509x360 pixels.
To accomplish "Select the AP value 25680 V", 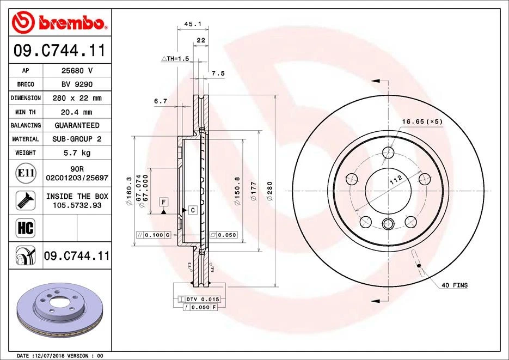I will tap(76, 71).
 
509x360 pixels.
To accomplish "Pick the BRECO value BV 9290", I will tap(76, 84).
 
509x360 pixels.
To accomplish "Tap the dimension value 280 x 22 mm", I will tap(76, 98).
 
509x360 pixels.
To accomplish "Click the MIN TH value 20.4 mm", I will tap(76, 112).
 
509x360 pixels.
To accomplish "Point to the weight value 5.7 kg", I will tap(76, 153).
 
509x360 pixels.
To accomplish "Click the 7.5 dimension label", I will tap(218, 73).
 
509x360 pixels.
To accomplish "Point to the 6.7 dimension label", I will tap(160, 101).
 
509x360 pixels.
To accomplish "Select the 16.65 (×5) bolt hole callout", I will tap(422, 121).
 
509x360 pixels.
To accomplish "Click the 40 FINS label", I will tap(454, 285).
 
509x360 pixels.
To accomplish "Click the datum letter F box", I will tap(163, 202).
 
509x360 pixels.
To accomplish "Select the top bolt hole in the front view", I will tap(388, 152).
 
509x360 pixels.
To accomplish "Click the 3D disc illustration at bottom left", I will tap(58, 310).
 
